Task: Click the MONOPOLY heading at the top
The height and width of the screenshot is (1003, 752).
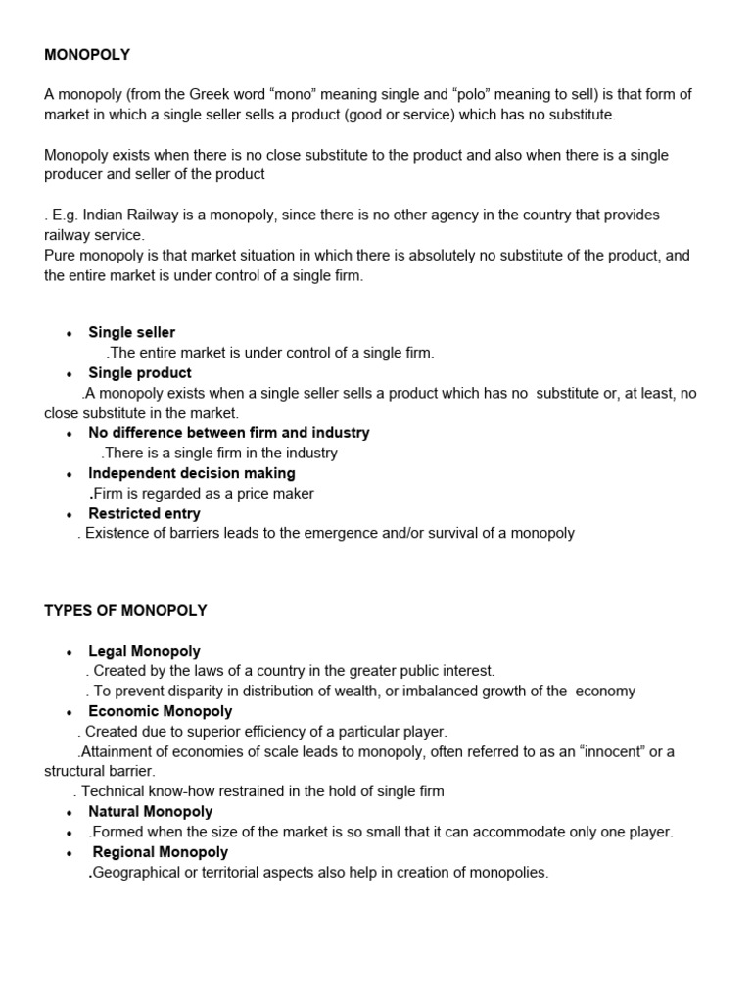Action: click(x=87, y=55)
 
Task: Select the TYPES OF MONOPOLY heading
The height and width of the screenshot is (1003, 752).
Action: click(x=125, y=610)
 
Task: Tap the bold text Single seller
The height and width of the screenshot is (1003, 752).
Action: click(x=131, y=332)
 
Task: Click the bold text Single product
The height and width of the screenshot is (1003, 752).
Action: click(x=139, y=373)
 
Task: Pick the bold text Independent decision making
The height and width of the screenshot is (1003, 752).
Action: click(x=191, y=473)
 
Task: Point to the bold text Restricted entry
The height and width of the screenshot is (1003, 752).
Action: click(x=144, y=513)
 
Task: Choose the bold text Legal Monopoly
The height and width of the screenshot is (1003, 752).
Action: click(x=144, y=651)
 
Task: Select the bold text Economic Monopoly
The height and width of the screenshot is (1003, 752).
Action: click(x=160, y=711)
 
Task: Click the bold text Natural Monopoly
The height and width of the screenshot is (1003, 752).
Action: click(x=150, y=812)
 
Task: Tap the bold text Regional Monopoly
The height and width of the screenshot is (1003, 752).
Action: click(x=155, y=852)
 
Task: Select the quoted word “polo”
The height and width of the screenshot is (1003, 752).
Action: click(x=475, y=94)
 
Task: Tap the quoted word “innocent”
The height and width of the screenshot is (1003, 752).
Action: click(x=613, y=751)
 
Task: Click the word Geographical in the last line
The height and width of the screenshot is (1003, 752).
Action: click(x=139, y=872)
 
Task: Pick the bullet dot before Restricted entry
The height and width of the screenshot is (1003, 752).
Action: click(x=70, y=514)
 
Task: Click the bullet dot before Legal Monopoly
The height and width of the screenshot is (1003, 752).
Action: click(x=70, y=652)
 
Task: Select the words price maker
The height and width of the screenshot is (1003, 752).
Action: click(x=275, y=494)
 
